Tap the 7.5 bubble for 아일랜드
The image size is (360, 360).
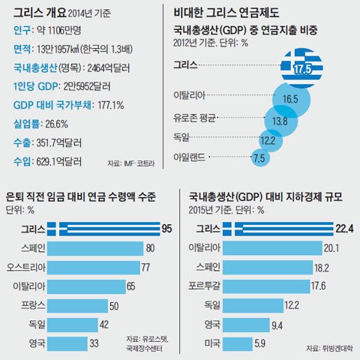click(260, 157)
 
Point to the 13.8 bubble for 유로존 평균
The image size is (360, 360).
click(280, 120)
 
